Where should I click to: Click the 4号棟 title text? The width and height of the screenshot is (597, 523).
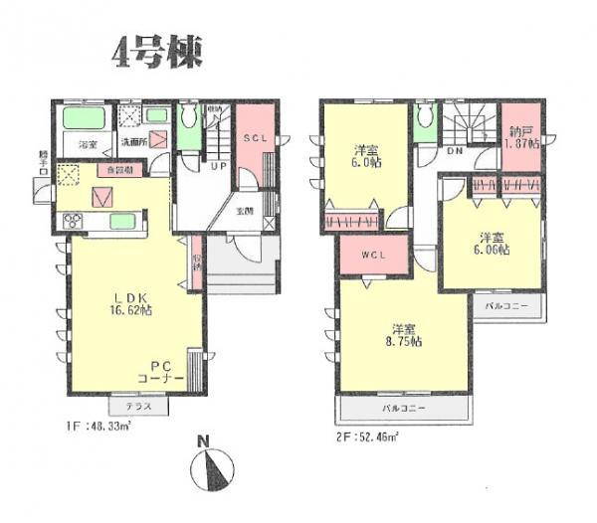pyautogui.click(x=155, y=52)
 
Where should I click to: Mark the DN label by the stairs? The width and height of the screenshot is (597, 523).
pyautogui.click(x=453, y=152)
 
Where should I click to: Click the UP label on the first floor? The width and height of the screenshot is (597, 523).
pyautogui.click(x=218, y=168)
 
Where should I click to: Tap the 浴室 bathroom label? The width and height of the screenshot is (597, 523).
pyautogui.click(x=88, y=145)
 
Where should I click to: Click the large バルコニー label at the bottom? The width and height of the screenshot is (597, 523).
pyautogui.click(x=405, y=408)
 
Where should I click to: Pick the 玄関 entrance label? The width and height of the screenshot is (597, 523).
pyautogui.click(x=244, y=211)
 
